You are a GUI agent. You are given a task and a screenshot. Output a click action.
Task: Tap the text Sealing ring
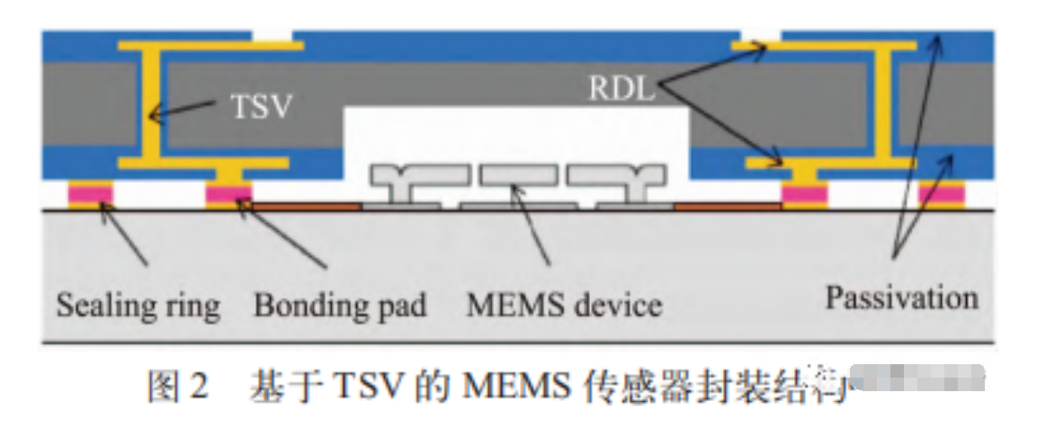(138, 306)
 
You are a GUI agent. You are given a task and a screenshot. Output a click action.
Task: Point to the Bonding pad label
(340, 306)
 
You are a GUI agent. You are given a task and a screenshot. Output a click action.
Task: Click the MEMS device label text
(564, 306)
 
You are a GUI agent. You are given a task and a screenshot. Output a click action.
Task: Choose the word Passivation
(901, 299)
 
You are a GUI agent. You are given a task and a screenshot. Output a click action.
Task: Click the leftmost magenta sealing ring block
(90, 193)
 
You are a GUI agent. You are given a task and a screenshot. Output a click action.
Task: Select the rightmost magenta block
(942, 193)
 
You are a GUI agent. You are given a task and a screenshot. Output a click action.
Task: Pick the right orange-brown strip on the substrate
(727, 206)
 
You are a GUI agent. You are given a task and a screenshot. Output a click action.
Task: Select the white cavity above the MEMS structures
(517, 135)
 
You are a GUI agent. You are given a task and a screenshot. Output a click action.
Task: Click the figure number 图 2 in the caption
(177, 386)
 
